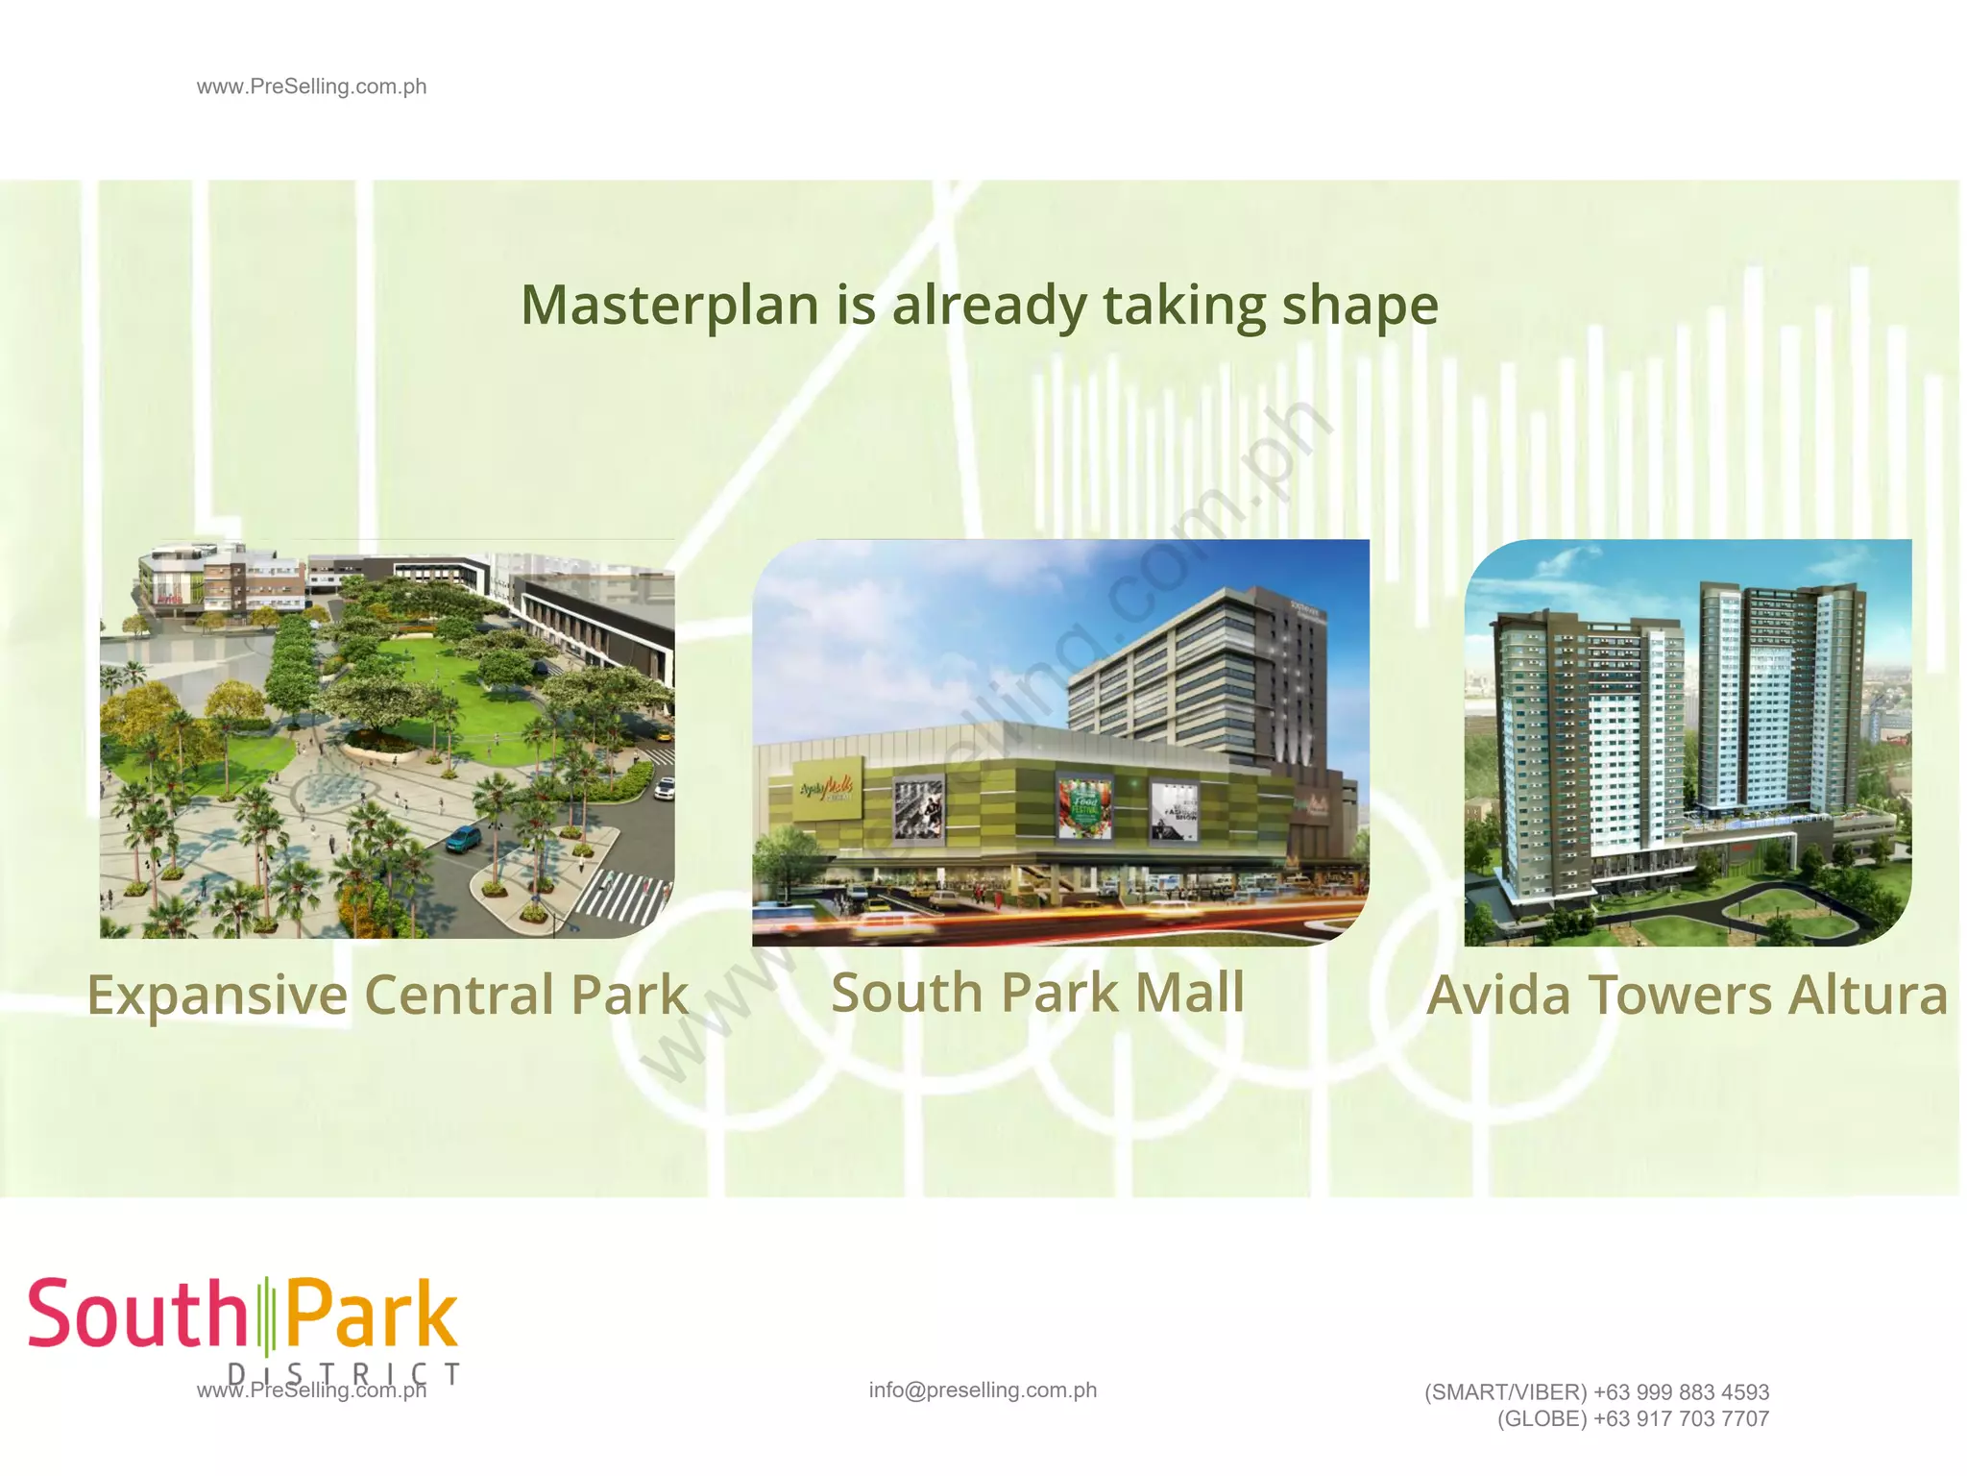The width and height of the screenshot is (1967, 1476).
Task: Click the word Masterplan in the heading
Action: [x=669, y=306]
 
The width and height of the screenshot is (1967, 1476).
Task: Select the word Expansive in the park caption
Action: [x=217, y=995]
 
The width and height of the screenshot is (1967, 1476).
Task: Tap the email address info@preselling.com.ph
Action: [x=983, y=1390]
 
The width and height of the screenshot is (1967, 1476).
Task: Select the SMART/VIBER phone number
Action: [x=1681, y=1392]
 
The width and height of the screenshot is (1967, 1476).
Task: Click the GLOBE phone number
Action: [x=1681, y=1419]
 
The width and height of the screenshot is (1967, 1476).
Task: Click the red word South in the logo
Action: [x=137, y=1314]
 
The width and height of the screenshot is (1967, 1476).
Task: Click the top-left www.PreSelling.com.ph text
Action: [x=311, y=86]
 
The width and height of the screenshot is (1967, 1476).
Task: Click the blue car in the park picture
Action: [x=463, y=839]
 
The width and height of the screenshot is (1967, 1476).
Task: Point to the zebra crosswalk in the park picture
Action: [x=624, y=896]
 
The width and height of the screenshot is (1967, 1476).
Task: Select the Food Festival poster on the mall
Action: [x=1084, y=806]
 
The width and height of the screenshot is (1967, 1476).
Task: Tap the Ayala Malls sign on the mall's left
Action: [x=827, y=791]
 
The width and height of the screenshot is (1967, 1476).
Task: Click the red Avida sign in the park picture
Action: [x=169, y=599]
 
